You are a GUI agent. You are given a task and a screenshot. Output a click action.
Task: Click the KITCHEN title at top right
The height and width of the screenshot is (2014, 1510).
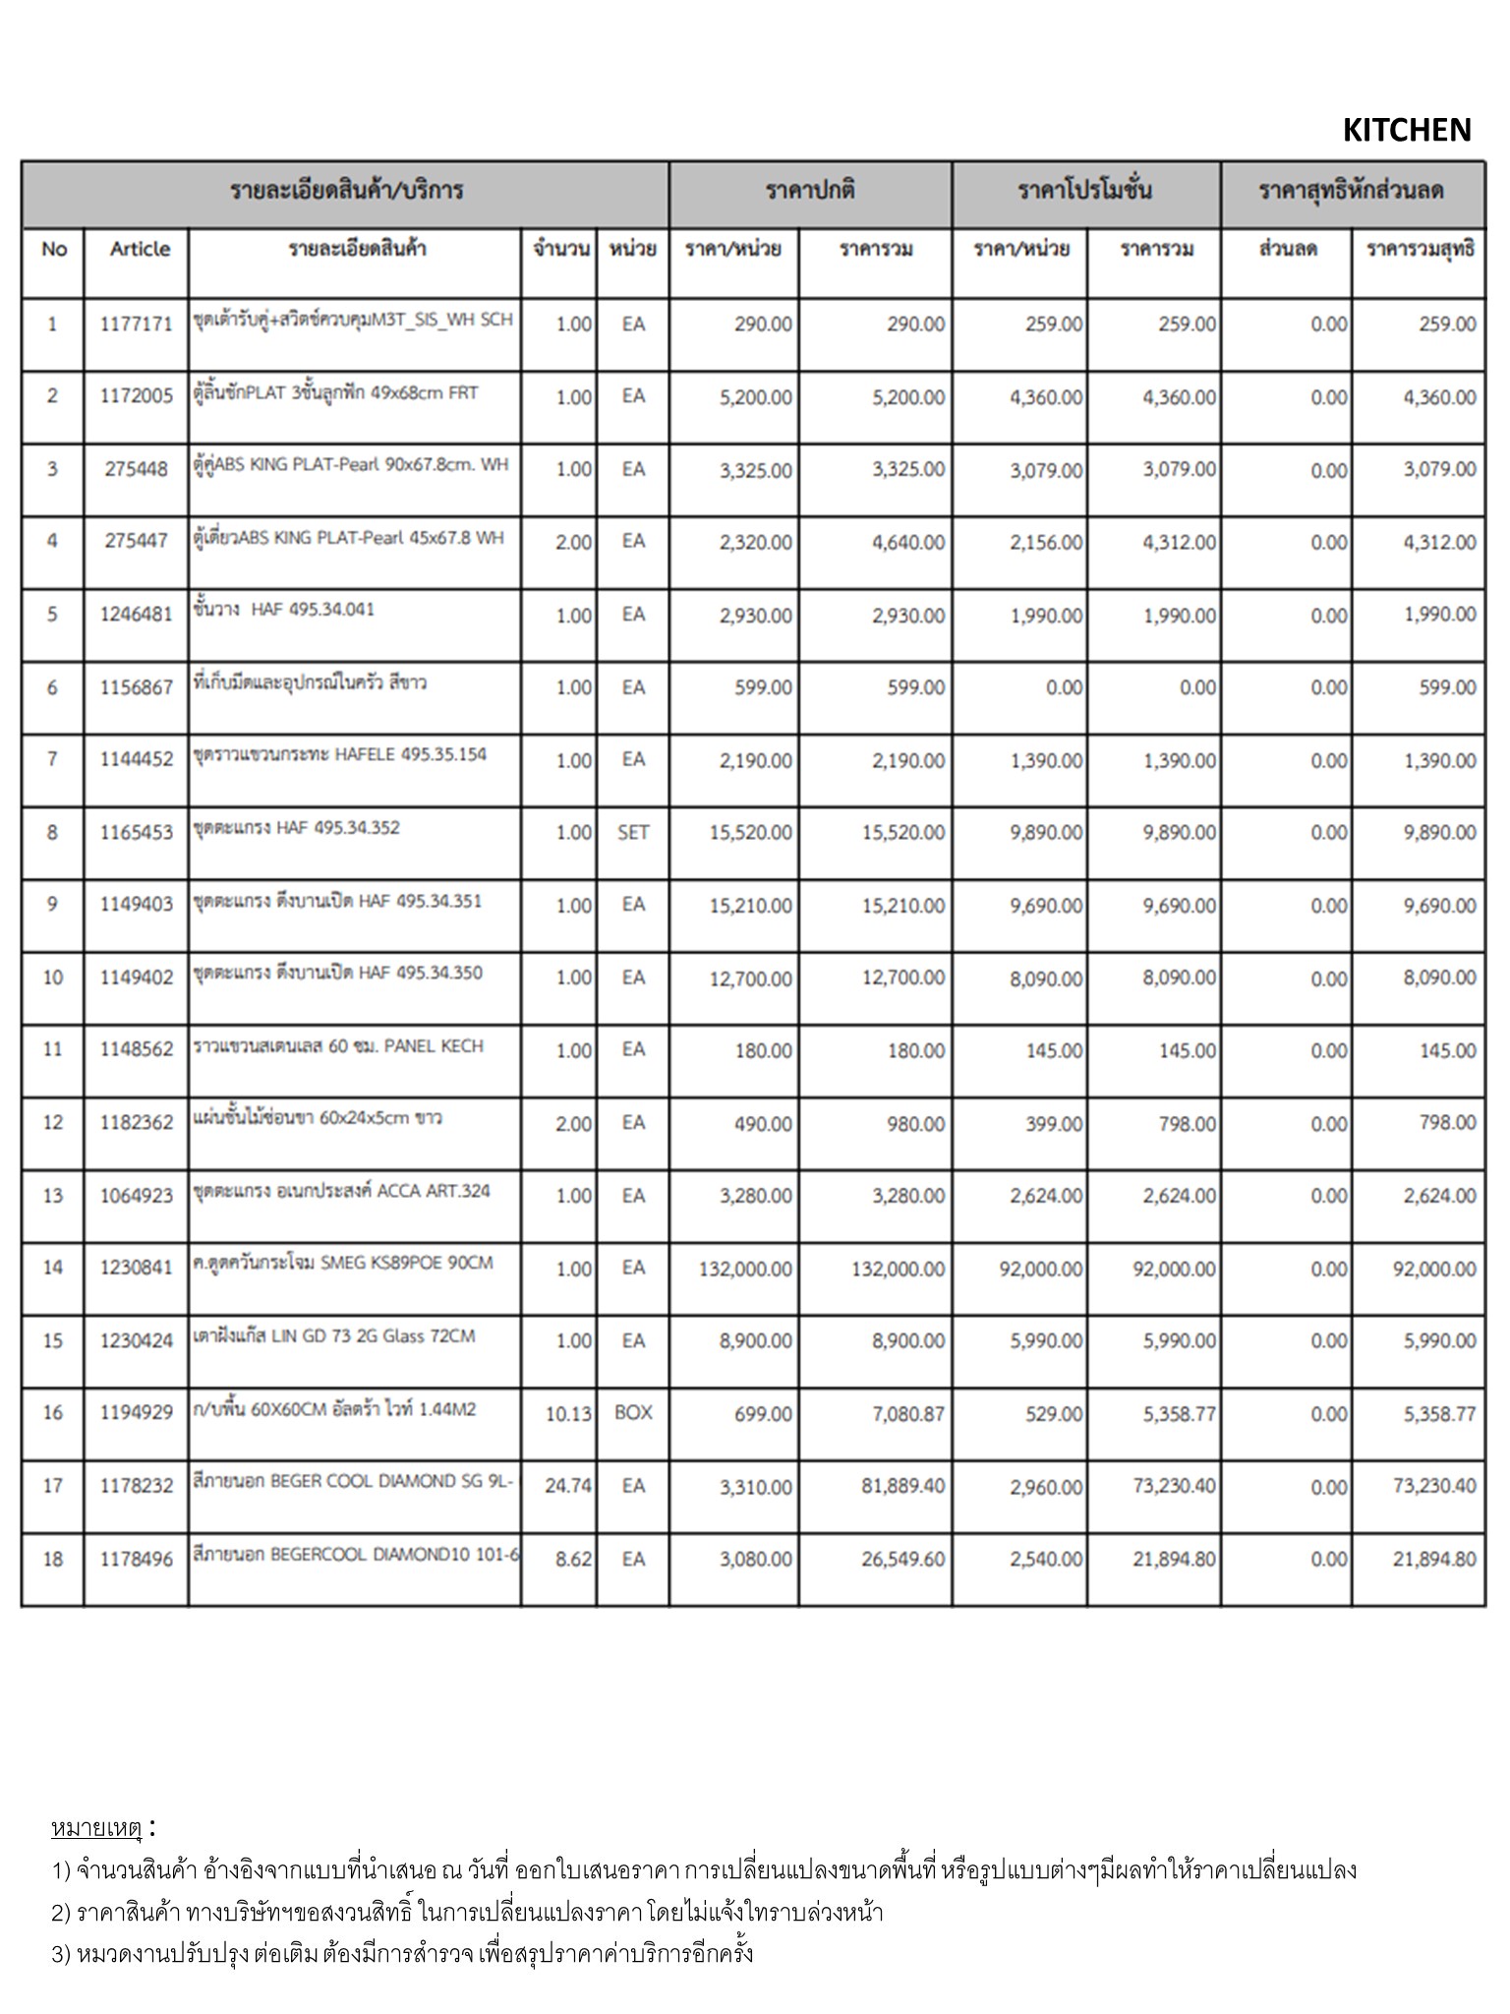[x=1406, y=130]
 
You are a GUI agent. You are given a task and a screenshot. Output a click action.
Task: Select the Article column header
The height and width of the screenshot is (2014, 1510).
[x=140, y=249]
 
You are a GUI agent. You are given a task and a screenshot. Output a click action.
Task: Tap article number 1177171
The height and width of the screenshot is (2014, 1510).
[x=137, y=324]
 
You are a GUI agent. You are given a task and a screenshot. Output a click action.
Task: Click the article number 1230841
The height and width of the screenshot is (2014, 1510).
[x=137, y=1268]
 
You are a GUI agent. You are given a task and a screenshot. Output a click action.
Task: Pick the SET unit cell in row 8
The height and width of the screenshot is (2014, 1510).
[x=633, y=833]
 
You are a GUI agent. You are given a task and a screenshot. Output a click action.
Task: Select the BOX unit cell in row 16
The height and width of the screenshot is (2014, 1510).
[x=633, y=1412]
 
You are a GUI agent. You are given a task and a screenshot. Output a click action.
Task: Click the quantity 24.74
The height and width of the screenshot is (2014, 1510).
[x=568, y=1486]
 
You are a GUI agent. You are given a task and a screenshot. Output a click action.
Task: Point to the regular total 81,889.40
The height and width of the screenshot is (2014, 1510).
[x=902, y=1486]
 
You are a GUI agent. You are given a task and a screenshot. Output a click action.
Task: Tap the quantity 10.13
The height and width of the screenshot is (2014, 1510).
[x=568, y=1413]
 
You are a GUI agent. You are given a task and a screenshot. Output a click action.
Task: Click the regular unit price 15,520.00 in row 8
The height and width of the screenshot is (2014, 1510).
[x=751, y=833]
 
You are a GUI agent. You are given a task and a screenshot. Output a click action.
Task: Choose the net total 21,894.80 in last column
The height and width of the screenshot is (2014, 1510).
[x=1433, y=1559]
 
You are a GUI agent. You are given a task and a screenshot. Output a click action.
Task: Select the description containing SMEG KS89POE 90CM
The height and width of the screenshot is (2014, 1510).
[x=343, y=1263]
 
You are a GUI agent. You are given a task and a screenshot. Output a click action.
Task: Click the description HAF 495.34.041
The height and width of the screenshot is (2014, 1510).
[x=285, y=610]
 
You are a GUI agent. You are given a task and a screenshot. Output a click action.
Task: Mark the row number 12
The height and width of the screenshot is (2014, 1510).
[x=53, y=1122]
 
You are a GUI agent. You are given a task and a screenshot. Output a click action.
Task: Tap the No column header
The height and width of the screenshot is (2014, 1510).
[x=54, y=249]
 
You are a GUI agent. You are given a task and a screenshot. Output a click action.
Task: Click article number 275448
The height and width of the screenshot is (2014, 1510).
[x=137, y=469]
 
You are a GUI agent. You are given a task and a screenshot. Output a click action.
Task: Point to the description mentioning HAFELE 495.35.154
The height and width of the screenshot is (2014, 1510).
[x=340, y=754]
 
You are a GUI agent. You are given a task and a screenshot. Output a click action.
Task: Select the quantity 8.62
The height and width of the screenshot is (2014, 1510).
[x=573, y=1559]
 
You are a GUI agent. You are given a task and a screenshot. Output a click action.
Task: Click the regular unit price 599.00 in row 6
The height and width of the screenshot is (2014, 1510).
[x=763, y=687]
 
